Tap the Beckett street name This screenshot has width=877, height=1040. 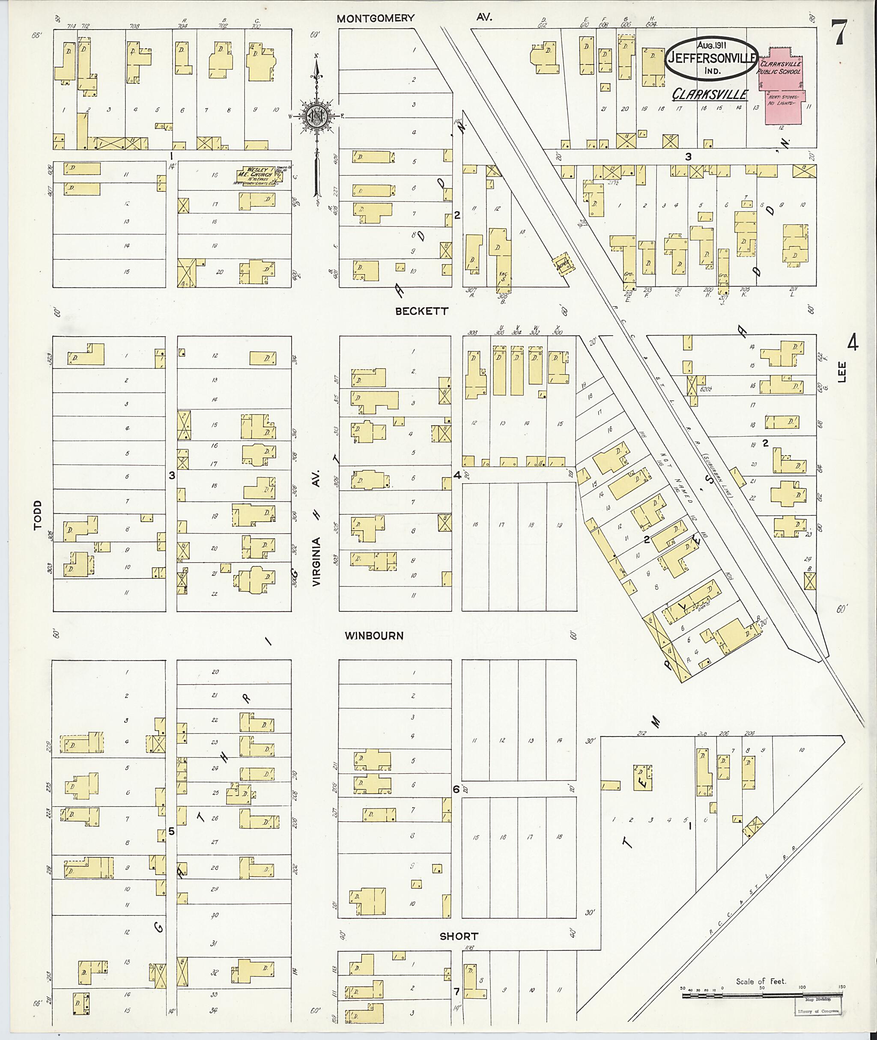[422, 311]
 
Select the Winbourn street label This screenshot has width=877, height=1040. [374, 635]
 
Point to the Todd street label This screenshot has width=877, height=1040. [38, 516]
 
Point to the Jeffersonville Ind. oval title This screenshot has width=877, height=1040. [711, 59]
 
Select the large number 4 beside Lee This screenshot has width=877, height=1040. [852, 343]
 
